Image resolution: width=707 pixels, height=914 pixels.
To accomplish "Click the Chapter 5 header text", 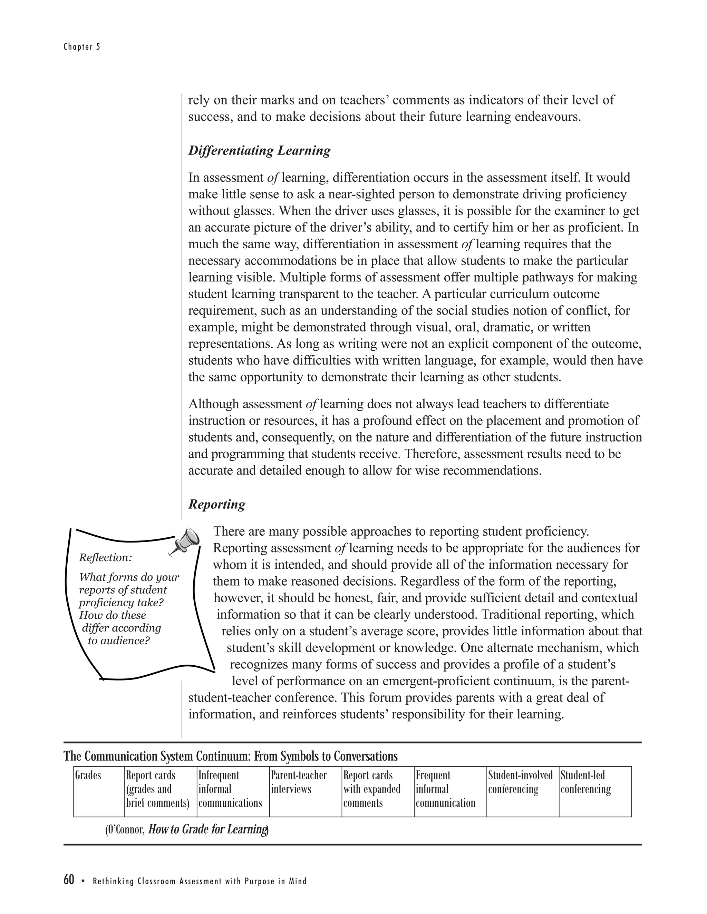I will pyautogui.click(x=82, y=47).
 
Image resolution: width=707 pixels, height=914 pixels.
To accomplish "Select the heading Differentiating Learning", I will pyautogui.click(x=259, y=150).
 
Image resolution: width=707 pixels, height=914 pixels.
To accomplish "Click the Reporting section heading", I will pyautogui.click(x=216, y=504).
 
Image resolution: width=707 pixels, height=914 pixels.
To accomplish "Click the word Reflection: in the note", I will pyautogui.click(x=106, y=557).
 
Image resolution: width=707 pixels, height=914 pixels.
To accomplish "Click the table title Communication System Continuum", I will pyautogui.click(x=230, y=756).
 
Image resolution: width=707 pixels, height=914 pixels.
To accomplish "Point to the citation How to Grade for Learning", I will pyautogui.click(x=208, y=829).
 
